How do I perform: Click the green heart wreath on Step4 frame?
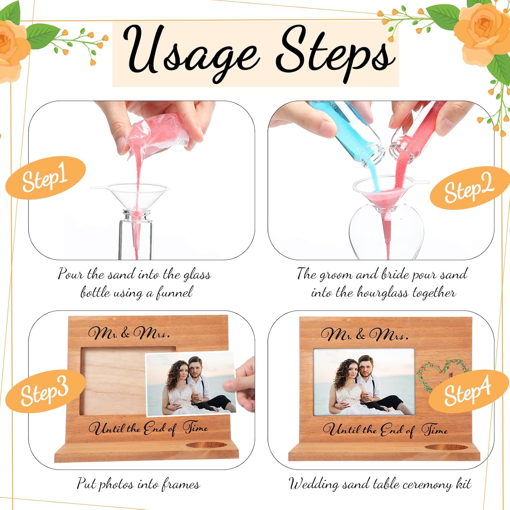coord(442,376)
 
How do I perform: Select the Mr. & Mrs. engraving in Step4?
coord(364,335)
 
